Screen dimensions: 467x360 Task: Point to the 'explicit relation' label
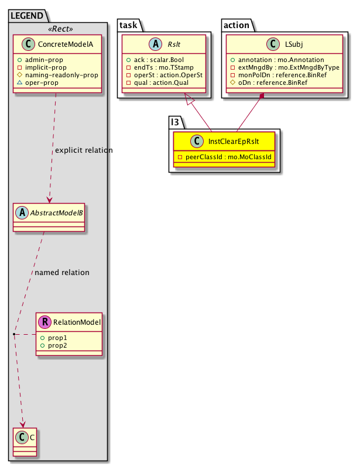click(x=84, y=150)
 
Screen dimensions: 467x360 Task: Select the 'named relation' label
click(x=62, y=272)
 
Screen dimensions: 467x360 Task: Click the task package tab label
click(x=128, y=23)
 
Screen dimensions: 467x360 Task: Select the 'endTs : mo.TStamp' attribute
click(x=155, y=68)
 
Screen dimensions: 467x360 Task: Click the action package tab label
click(x=236, y=23)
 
